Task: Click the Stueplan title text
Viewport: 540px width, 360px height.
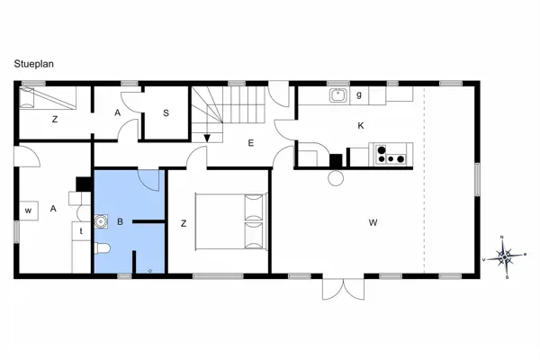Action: pyautogui.click(x=34, y=64)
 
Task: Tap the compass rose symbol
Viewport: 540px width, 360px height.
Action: pyautogui.click(x=505, y=257)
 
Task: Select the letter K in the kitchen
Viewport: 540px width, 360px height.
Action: pyautogui.click(x=361, y=126)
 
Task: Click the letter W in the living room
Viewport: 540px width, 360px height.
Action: pyautogui.click(x=373, y=222)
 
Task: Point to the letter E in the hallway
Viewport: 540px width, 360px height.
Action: pyautogui.click(x=251, y=143)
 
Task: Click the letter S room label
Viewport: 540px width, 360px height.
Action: pyautogui.click(x=166, y=113)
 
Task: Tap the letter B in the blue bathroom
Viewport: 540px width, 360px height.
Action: pyautogui.click(x=120, y=222)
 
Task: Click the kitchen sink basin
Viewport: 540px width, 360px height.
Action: pyautogui.click(x=338, y=95)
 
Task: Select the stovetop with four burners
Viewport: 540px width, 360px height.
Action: pyautogui.click(x=391, y=154)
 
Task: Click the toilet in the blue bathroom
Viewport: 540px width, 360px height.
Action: pyautogui.click(x=102, y=248)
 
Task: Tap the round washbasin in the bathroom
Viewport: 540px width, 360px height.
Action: pyautogui.click(x=101, y=221)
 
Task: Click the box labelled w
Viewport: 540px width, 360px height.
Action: pyautogui.click(x=28, y=211)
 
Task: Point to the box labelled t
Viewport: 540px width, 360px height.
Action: pyautogui.click(x=81, y=231)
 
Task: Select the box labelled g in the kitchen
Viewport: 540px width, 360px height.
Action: pyautogui.click(x=359, y=95)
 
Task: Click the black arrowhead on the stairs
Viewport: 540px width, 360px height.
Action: pyautogui.click(x=207, y=138)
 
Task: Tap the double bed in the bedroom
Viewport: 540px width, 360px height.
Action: pyautogui.click(x=231, y=221)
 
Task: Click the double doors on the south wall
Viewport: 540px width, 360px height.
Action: pyautogui.click(x=344, y=289)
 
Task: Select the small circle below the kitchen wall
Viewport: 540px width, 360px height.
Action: pyautogui.click(x=336, y=178)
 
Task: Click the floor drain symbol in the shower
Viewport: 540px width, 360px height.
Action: pyautogui.click(x=150, y=271)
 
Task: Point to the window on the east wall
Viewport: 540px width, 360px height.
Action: pyautogui.click(x=477, y=179)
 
